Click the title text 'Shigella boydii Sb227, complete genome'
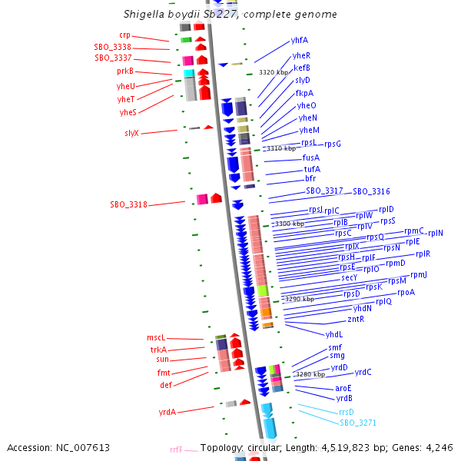(x=230, y=15)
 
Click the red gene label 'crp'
(x=124, y=35)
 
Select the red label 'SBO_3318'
(x=128, y=204)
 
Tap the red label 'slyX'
(x=131, y=133)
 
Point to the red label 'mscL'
(x=156, y=338)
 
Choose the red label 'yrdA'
(x=167, y=412)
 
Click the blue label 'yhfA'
(x=300, y=40)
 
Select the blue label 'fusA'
(x=311, y=158)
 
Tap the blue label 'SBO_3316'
(x=371, y=191)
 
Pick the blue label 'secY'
(x=349, y=277)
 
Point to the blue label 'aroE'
(x=343, y=388)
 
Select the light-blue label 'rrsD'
(x=347, y=412)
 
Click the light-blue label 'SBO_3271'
(x=358, y=423)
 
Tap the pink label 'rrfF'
(x=176, y=449)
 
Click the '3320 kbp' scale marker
(x=273, y=71)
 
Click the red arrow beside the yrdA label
(x=245, y=402)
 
